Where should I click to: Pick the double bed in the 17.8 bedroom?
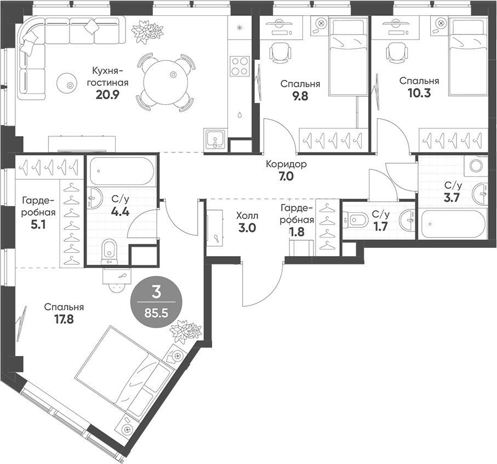(x=124, y=374)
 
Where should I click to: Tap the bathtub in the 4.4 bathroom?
(x=121, y=172)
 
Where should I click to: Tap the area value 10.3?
(x=419, y=93)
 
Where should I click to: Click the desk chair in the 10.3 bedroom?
(x=395, y=54)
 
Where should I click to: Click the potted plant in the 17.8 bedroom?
(x=183, y=332)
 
